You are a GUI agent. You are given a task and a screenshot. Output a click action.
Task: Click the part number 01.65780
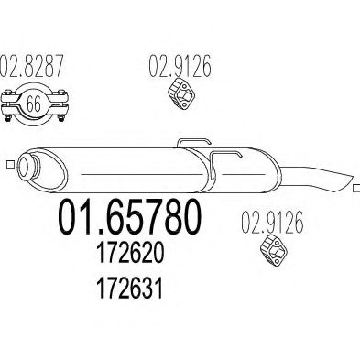[x=130, y=216]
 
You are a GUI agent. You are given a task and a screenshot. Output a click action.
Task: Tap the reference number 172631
[x=129, y=288]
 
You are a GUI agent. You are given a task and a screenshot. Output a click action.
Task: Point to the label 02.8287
[x=31, y=66]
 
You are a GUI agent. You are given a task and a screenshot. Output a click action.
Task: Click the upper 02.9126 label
[x=180, y=66]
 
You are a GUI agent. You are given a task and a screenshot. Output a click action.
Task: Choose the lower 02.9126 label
[x=272, y=222]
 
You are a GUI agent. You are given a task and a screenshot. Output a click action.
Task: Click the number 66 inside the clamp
[x=34, y=104]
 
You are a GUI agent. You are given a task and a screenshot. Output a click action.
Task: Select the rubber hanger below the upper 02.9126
[x=182, y=93]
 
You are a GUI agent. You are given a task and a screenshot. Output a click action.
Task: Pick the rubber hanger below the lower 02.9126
[x=275, y=250]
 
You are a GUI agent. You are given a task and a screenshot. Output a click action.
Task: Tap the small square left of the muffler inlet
[x=11, y=164]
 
